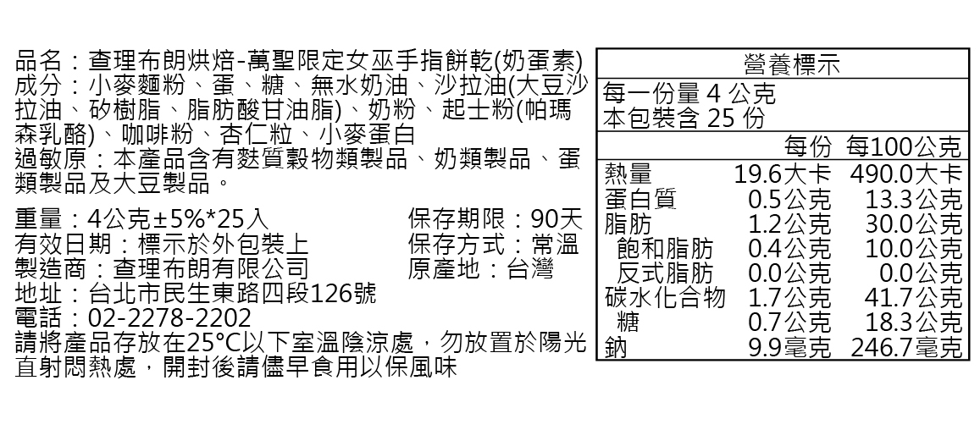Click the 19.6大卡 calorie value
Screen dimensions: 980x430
click(x=782, y=174)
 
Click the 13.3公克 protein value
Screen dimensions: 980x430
click(x=914, y=199)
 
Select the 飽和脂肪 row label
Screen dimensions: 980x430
click(x=665, y=248)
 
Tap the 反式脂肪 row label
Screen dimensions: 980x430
click(x=665, y=273)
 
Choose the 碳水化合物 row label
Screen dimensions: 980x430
click(x=665, y=297)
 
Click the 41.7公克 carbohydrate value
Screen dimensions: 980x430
click(x=914, y=297)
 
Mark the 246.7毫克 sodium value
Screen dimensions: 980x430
click(x=907, y=347)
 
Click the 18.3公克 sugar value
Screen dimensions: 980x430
click(x=914, y=322)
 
